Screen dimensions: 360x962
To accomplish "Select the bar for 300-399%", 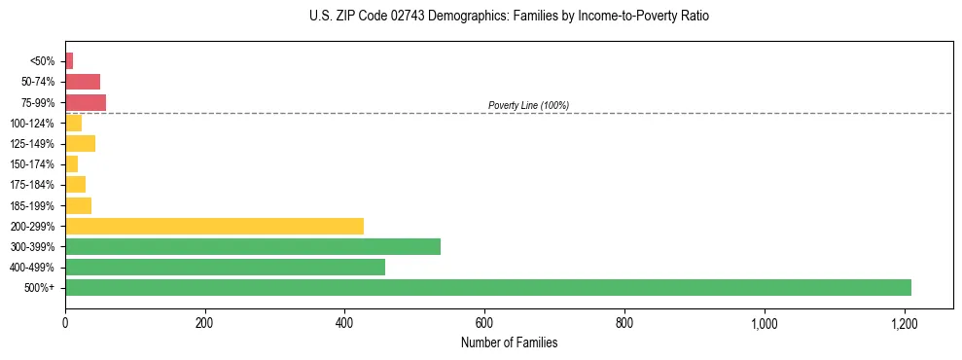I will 253,246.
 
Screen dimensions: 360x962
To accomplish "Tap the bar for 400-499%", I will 225,267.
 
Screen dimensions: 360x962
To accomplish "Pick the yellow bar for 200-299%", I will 214,226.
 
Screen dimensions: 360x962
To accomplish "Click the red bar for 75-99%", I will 86,102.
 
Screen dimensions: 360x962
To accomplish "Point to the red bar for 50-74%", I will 83,82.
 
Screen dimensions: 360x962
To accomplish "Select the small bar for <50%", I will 69,61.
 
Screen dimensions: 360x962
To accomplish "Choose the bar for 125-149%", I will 80,144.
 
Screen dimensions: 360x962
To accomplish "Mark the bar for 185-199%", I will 78,205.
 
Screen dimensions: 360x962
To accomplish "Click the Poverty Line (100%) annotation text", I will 528,105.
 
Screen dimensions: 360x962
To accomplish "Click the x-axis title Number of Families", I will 509,342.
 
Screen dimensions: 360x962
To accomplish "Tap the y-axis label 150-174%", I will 33,164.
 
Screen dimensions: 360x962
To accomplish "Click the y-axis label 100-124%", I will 33,124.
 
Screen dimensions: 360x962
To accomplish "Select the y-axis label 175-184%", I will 33,185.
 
